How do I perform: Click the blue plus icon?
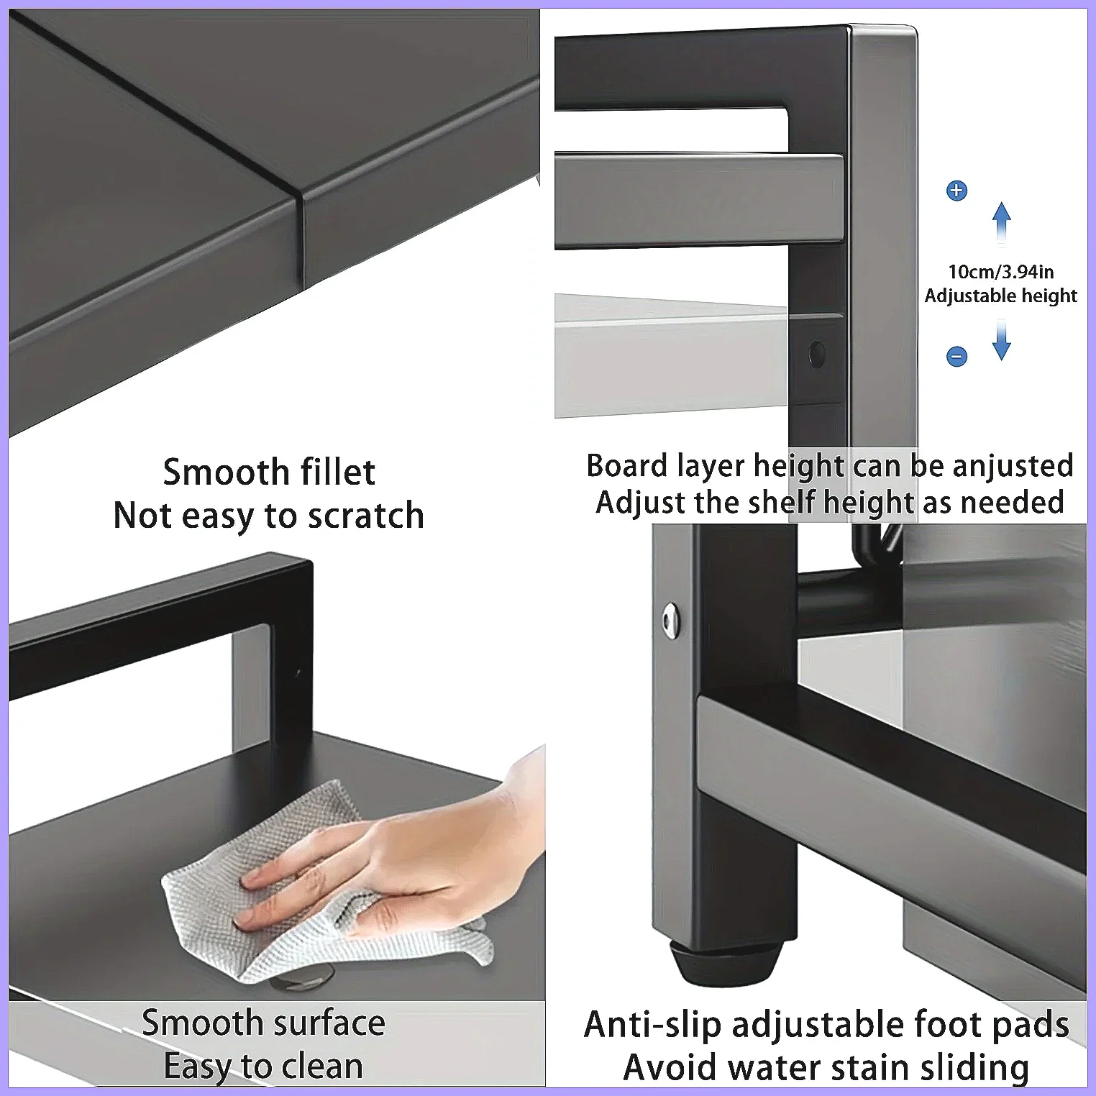point(956,191)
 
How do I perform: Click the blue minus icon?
point(956,356)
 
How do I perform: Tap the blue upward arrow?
point(1002,223)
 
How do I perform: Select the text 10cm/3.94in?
point(1001,272)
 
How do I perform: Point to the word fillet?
point(338,472)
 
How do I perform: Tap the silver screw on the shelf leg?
point(671,620)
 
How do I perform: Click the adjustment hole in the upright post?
point(817,354)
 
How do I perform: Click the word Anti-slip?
point(652,1026)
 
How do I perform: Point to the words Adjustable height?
point(1001,296)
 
